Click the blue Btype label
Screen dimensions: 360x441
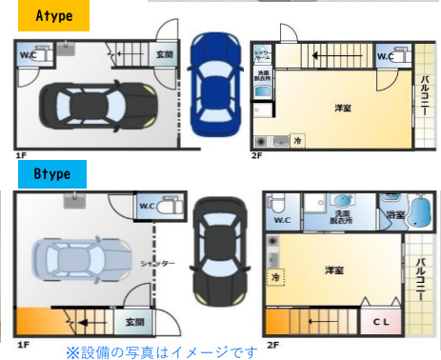[x=52, y=174]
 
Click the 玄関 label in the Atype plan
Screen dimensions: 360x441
[x=165, y=55]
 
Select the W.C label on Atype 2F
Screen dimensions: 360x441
[x=385, y=56]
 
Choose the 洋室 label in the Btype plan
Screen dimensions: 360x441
[x=334, y=270]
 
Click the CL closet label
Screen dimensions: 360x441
[x=380, y=321]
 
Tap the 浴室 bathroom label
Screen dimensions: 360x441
[x=393, y=215]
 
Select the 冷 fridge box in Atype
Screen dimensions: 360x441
[x=297, y=140]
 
